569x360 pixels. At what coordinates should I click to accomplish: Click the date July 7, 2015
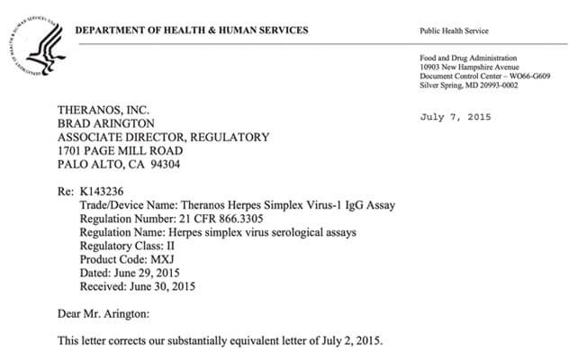[457, 117]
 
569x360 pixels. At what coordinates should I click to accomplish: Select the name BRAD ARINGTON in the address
[106, 123]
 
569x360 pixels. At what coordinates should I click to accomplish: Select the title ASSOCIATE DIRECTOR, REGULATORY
[163, 137]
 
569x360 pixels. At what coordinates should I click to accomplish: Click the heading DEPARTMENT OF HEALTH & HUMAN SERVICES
[191, 31]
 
